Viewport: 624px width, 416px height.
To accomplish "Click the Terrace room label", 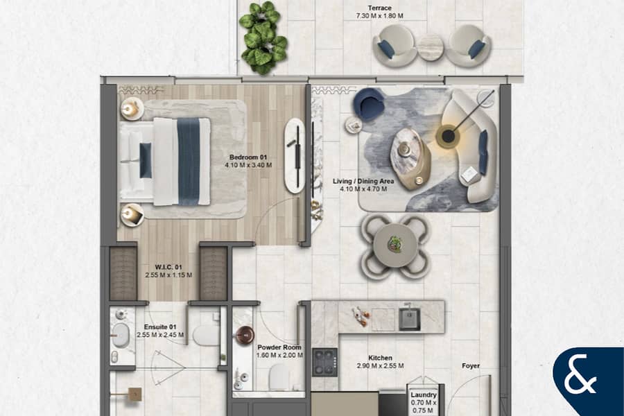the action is click(x=379, y=8).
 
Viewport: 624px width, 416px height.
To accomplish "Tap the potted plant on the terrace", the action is click(x=263, y=38).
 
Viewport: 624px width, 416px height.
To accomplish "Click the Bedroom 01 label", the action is click(x=248, y=157).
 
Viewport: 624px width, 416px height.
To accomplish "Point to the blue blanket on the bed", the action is click(x=188, y=162).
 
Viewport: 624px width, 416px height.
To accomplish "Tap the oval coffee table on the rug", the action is click(x=410, y=158).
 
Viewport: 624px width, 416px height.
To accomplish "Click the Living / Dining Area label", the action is click(x=363, y=181).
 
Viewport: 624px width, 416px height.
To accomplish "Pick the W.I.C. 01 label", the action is click(x=168, y=267).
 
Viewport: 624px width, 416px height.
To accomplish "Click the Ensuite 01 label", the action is click(x=160, y=327).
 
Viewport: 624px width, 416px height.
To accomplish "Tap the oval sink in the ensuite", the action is click(x=121, y=335).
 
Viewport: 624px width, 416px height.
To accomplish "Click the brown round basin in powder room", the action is click(x=245, y=336).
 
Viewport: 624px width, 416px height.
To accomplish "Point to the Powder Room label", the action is click(x=279, y=347).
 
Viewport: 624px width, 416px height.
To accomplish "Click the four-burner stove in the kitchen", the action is click(x=324, y=362).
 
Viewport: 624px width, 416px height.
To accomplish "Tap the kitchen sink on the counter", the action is click(x=409, y=318).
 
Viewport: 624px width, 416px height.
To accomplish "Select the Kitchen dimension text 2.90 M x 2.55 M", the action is click(x=380, y=366).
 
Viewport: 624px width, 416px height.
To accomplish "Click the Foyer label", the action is click(x=470, y=366).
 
